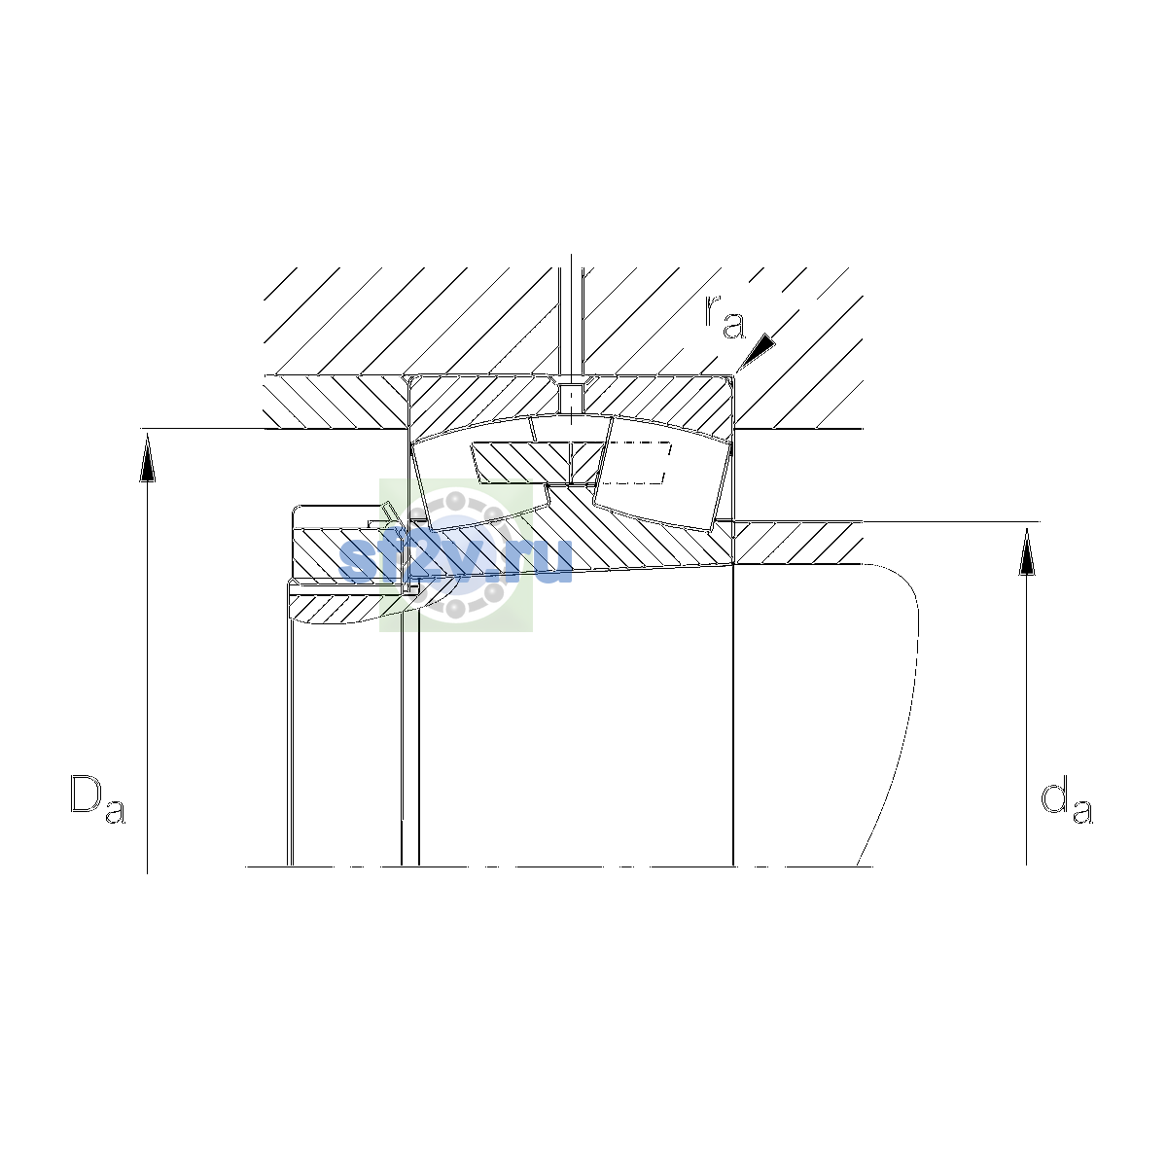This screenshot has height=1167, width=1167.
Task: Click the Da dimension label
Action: tap(97, 798)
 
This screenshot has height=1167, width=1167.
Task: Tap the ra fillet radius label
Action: tap(725, 317)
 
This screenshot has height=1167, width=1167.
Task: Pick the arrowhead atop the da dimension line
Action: tap(1027, 551)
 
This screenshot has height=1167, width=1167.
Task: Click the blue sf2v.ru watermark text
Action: tap(455, 559)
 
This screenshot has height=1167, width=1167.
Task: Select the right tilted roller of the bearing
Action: tap(663, 473)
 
